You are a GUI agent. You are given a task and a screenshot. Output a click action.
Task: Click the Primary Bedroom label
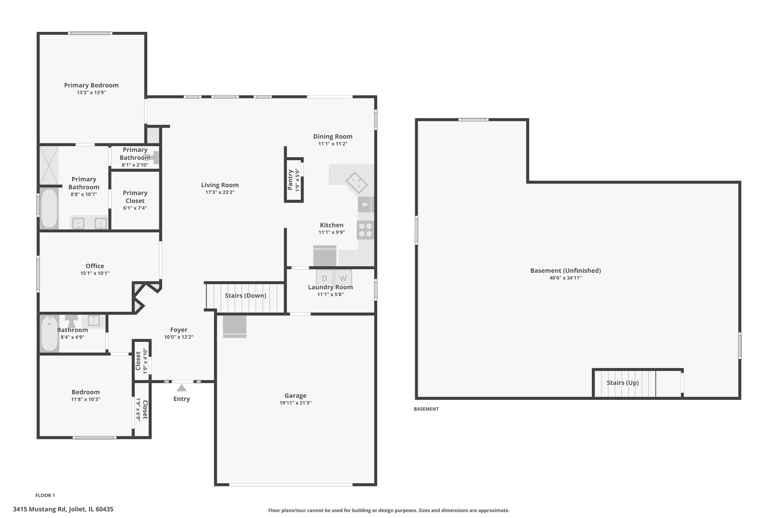(91, 85)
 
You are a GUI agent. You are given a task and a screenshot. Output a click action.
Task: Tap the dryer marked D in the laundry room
(324, 278)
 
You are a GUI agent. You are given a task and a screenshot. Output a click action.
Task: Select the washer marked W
(343, 278)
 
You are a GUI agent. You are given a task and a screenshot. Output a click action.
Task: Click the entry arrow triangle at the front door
(182, 387)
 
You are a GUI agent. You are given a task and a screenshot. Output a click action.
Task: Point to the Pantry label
(291, 180)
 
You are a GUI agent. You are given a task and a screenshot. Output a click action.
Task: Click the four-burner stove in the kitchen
(365, 230)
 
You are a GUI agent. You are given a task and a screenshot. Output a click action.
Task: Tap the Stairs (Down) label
(245, 296)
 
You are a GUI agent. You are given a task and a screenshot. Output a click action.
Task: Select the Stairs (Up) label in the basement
(623, 383)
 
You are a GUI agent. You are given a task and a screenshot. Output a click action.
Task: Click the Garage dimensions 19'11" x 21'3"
(296, 403)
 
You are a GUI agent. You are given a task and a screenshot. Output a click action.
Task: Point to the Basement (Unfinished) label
(566, 271)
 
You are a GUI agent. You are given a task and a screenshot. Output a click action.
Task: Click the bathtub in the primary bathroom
(49, 208)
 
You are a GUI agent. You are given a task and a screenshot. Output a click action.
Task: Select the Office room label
(95, 266)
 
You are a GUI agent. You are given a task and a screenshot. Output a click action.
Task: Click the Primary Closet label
(135, 197)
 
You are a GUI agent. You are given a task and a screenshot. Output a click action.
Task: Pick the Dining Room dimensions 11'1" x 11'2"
(333, 144)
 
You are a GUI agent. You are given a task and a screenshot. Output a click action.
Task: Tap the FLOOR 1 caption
(45, 495)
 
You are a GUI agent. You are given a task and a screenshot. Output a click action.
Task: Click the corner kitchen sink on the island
(357, 183)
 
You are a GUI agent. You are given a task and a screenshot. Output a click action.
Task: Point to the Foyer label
(179, 330)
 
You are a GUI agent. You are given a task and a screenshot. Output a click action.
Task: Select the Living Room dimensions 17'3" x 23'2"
(220, 192)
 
